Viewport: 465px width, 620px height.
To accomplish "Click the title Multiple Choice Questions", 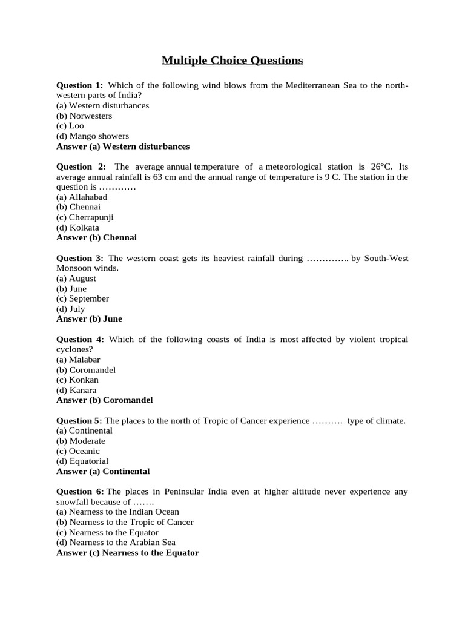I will [232, 60].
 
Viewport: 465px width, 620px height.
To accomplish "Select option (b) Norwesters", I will [84, 116].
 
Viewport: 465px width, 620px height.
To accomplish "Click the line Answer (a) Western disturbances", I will [123, 147].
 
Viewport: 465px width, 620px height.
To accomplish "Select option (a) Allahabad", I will [82, 197].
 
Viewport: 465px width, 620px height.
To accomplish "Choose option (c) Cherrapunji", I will [85, 217].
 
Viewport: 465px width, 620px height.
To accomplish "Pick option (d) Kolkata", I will [77, 228].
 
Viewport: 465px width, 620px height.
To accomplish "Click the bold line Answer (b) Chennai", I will [97, 237].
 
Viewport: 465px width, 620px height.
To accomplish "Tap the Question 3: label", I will [80, 258].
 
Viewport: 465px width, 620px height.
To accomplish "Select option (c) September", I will [82, 298].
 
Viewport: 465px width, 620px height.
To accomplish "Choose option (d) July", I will [71, 309].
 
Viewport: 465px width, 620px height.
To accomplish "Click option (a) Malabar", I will [78, 360].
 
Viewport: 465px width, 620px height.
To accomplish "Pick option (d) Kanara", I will [76, 390].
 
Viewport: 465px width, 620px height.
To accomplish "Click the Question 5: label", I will [80, 420].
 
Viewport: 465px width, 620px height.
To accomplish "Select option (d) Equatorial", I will [82, 461].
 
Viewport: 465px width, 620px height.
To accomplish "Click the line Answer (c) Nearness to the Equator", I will [127, 553].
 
